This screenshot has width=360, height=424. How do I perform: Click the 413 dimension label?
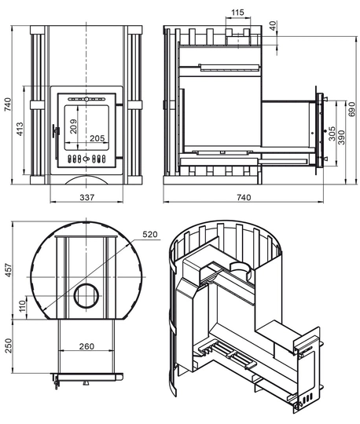[20, 130]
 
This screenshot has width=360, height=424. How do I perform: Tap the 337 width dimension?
[87, 197]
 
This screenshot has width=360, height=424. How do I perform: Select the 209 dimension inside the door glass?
[73, 126]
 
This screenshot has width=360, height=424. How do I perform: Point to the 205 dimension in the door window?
[97, 138]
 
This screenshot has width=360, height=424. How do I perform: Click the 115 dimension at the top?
[238, 13]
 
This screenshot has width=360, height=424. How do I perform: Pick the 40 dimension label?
[274, 26]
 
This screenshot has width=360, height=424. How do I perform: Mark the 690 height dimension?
[351, 109]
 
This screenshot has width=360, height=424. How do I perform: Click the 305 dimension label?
[332, 133]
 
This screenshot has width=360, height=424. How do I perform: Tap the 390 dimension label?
[342, 137]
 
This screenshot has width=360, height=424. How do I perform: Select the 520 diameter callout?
[150, 234]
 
